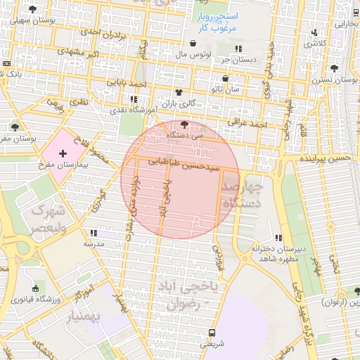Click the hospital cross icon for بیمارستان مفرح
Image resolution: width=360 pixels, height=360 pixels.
coord(63,153)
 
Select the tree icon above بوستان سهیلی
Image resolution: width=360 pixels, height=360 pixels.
coord(33,9)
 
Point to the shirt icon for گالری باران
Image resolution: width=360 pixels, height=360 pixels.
coord(179,92)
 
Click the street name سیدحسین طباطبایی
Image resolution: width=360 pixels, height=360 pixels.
coord(182,166)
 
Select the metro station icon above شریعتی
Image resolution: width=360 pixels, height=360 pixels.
coord(212,333)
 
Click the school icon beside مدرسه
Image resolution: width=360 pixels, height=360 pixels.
coord(93,233)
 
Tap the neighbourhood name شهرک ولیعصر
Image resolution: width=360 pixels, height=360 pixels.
coord(47,219)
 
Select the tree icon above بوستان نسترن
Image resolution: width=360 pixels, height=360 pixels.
coord(334,69)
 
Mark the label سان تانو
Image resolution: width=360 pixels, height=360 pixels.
coord(225,89)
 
